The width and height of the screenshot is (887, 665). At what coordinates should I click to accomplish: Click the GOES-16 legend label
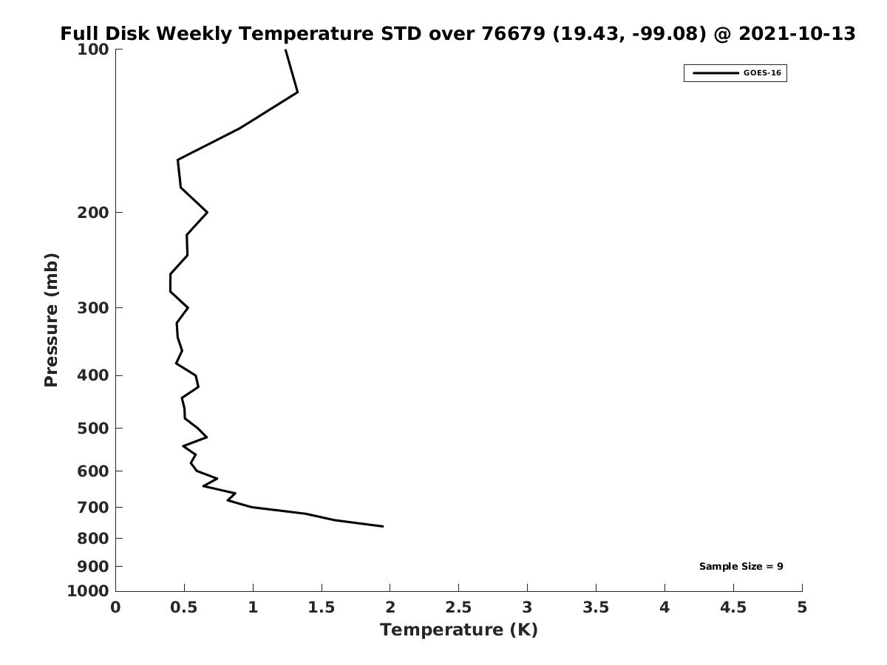pos(761,73)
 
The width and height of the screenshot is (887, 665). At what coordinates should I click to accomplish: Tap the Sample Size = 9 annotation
pos(741,567)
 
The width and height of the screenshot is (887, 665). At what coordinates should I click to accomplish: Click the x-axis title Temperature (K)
pos(458,630)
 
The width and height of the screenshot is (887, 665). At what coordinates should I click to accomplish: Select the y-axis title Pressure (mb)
pos(51,320)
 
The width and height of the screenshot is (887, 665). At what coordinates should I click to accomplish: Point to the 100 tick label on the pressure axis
pos(93,50)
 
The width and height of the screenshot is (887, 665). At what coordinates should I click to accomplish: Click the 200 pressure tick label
pos(93,213)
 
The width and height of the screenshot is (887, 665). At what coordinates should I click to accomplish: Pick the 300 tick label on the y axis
pos(93,308)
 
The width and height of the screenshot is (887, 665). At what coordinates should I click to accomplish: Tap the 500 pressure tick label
pos(93,429)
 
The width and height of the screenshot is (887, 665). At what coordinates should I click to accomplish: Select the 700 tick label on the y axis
pos(93,508)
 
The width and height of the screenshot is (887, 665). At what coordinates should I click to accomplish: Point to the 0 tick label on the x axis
pos(116,607)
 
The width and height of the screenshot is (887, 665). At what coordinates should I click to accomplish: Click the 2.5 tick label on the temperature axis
pos(458,607)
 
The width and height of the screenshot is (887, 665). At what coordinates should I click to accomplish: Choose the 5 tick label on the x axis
pos(802,607)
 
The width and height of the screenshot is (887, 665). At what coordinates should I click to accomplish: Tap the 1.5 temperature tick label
pos(322,607)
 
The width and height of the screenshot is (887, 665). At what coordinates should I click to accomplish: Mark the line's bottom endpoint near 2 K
pos(383,526)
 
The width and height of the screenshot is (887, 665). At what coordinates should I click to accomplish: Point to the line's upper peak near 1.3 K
pos(297,92)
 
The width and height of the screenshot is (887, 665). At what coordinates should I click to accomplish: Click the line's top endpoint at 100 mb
pos(285,50)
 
